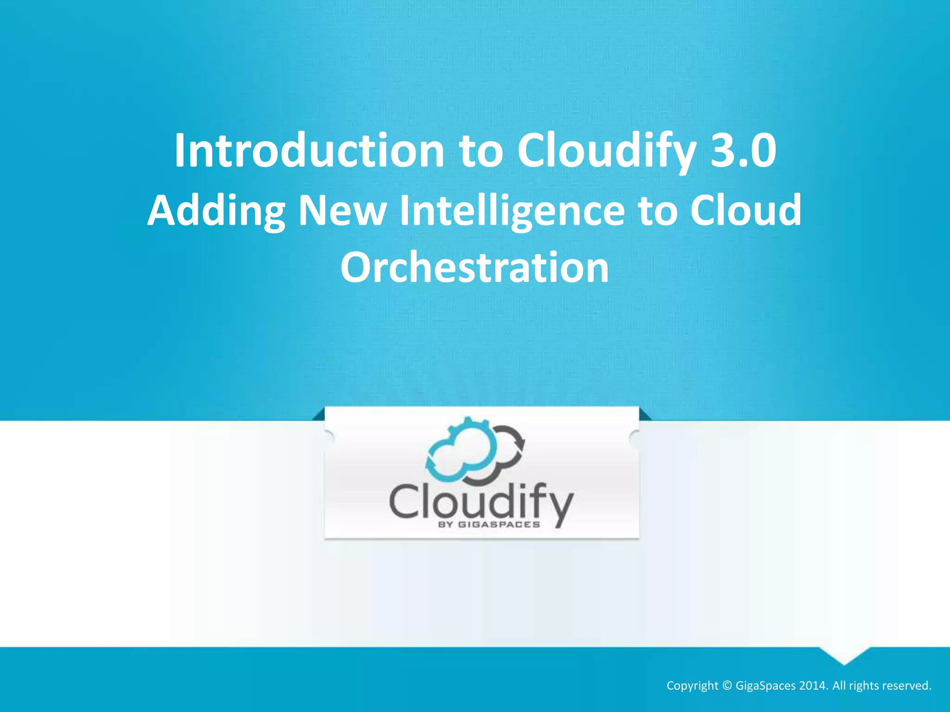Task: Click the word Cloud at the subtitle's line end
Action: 745,210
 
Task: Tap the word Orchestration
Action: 475,267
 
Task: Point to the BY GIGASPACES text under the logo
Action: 489,525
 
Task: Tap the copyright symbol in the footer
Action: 727,686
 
